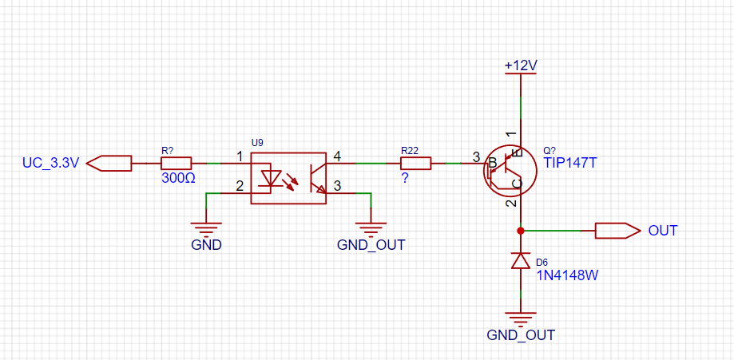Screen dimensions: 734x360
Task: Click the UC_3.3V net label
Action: [x=51, y=164]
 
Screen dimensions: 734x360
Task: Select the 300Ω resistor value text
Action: [x=178, y=177]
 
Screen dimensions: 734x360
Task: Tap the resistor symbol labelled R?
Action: [x=176, y=164]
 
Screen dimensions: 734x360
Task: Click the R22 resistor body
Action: [x=415, y=164]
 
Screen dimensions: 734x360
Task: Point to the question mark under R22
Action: [x=404, y=178]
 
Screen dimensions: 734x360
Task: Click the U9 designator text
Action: [x=257, y=143]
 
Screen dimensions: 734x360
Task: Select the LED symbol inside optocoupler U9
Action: [x=271, y=179]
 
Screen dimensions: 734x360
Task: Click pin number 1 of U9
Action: [x=240, y=156]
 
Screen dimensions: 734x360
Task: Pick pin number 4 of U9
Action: [x=338, y=156]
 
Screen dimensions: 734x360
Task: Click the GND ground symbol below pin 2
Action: [x=206, y=227]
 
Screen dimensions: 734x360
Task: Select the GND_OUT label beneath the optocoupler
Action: [x=371, y=245]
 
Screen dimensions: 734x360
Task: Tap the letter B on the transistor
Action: [x=492, y=164]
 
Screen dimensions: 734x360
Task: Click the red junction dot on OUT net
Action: [x=520, y=231]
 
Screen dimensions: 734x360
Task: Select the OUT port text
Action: [x=663, y=231]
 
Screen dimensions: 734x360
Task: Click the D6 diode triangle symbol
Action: [x=521, y=260]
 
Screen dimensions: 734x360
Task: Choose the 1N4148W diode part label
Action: [x=567, y=275]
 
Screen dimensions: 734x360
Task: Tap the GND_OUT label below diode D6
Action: [x=521, y=335]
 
